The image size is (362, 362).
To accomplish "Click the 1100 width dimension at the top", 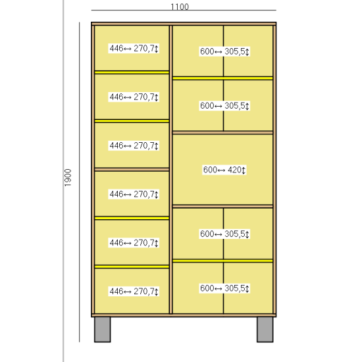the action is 180,7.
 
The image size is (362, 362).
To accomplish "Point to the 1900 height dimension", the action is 68,178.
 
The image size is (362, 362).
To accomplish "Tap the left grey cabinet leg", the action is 102,330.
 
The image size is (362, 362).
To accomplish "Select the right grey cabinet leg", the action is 265,330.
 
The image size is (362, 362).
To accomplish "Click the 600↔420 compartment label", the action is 224,170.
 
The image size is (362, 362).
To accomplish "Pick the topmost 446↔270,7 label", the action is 134,49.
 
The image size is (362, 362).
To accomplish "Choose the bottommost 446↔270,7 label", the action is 134,292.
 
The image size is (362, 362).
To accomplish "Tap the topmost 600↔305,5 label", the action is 224,51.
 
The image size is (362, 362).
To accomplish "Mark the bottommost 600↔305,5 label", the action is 224,288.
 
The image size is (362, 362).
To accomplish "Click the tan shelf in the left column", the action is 132,169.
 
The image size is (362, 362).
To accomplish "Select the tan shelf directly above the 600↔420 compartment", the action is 222,132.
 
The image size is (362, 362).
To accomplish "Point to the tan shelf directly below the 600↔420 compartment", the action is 222,206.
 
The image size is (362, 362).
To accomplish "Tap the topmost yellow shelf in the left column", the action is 132,72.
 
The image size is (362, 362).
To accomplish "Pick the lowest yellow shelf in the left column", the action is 132,267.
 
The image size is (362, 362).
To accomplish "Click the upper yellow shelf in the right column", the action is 222,78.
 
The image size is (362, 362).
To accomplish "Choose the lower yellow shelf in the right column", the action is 222,261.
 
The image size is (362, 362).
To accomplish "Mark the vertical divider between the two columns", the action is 171,169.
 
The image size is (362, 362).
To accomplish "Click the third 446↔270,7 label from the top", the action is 134,145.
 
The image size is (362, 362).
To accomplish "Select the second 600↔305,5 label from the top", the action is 224,106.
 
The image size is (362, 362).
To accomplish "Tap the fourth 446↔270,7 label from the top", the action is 134,194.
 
